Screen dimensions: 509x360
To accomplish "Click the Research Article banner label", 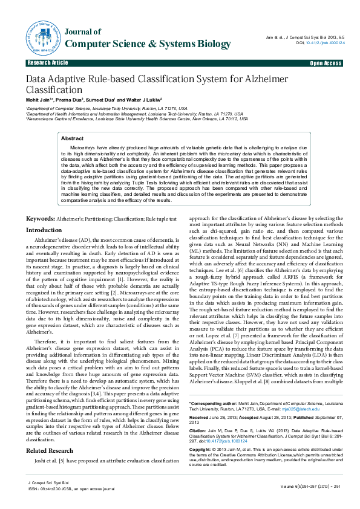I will tap(48, 63).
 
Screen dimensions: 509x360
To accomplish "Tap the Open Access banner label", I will tap(326, 63).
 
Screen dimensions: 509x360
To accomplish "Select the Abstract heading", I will tap(73, 138).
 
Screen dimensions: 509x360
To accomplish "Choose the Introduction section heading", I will tap(44, 230).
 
